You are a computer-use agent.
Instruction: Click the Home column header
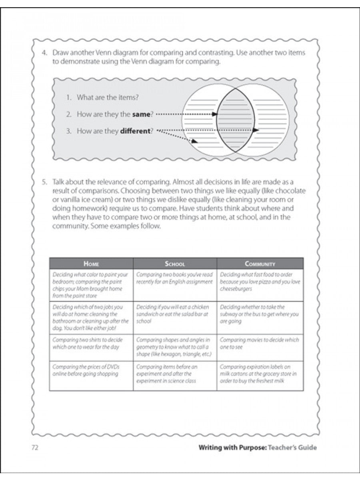[91, 264]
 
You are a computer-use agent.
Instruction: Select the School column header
[175, 264]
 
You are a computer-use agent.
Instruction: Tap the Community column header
[260, 264]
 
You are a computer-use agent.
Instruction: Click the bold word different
[134, 131]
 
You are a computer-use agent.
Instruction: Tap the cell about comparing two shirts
[91, 344]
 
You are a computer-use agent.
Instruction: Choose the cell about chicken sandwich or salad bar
[175, 314]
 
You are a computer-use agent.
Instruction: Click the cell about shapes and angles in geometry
[175, 347]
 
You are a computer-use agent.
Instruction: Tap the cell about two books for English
[175, 278]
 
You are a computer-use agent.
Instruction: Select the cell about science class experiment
[175, 374]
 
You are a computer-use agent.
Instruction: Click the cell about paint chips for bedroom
[91, 285]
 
